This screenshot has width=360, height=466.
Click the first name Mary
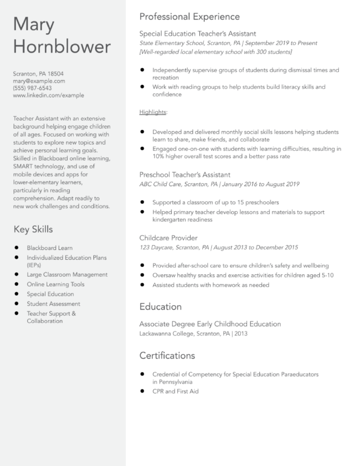click(x=34, y=24)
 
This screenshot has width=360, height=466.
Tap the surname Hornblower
click(x=62, y=47)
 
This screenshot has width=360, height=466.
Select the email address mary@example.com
click(x=39, y=81)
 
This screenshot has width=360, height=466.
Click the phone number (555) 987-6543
click(x=32, y=88)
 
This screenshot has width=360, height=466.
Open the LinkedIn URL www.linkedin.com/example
click(x=49, y=95)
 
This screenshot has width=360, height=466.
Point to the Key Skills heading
click(x=33, y=229)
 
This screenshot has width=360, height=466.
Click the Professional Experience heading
click(x=189, y=17)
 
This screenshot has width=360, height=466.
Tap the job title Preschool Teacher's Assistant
click(x=185, y=174)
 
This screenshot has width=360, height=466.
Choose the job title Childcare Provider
click(x=168, y=238)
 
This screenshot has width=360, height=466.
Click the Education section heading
click(x=160, y=307)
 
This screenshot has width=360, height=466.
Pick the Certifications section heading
click(x=167, y=355)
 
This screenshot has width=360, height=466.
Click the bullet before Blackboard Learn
click(x=16, y=248)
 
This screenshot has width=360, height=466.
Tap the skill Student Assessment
click(x=53, y=304)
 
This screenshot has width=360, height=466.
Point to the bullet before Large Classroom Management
click(x=16, y=275)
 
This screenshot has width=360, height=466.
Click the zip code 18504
click(x=55, y=74)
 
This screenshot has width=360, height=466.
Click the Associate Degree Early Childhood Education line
click(x=210, y=324)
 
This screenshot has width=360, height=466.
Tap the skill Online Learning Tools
click(x=55, y=284)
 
